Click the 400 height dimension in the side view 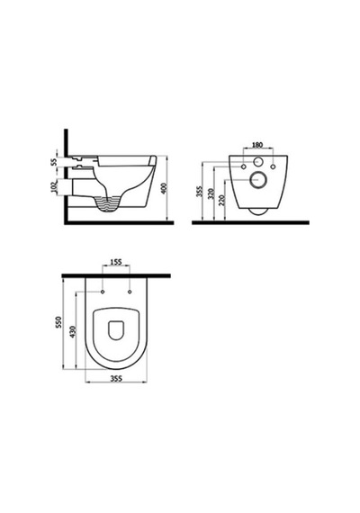click(165, 188)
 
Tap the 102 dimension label click(54, 187)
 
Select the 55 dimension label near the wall click(54, 161)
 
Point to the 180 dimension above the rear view click(258, 145)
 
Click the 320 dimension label click(211, 193)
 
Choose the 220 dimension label click(222, 200)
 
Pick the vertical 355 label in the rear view click(199, 191)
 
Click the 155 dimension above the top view click(116, 262)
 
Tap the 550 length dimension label click(58, 322)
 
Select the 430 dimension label click(73, 332)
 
